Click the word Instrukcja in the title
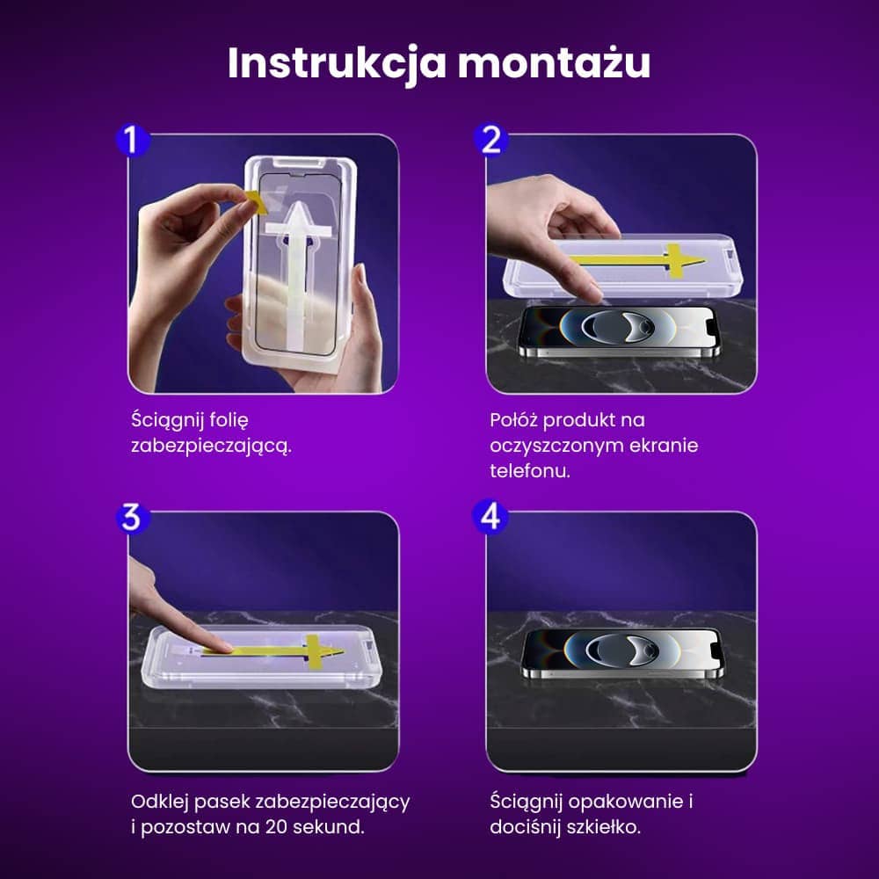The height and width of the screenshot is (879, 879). [x=332, y=63]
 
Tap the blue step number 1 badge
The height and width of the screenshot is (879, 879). [x=132, y=141]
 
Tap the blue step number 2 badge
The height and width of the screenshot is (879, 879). [x=491, y=139]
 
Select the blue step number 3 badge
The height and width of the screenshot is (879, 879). [x=132, y=518]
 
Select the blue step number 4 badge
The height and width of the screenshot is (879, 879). [x=491, y=517]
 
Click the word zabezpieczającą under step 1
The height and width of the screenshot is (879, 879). [x=210, y=446]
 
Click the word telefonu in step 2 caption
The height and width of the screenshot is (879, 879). [x=531, y=470]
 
